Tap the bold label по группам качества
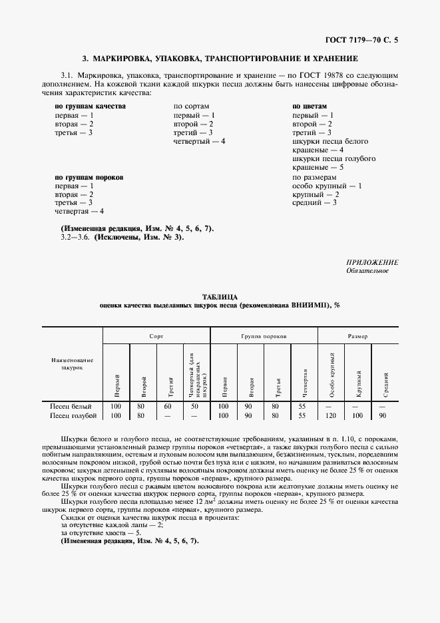click(x=90, y=106)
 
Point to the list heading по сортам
click(x=192, y=106)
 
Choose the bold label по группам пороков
click(x=89, y=178)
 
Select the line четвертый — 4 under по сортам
click(x=200, y=141)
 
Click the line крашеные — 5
click(x=318, y=168)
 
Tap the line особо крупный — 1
click(x=327, y=186)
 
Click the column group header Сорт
click(x=156, y=337)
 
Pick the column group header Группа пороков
click(x=264, y=337)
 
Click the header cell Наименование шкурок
click(x=72, y=363)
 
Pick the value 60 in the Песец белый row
click(x=168, y=406)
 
